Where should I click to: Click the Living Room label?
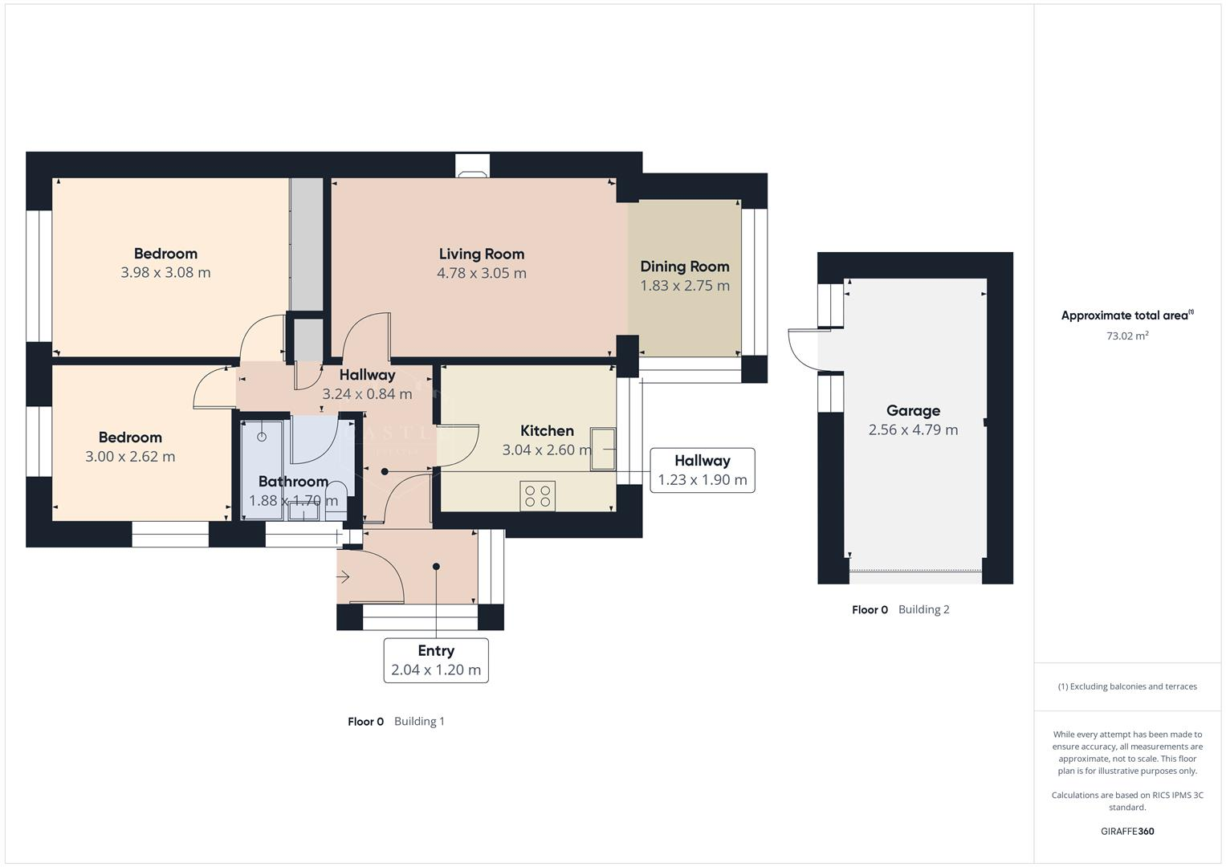(x=482, y=254)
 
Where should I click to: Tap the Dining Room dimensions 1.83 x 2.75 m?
(x=685, y=286)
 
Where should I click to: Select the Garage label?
(x=913, y=410)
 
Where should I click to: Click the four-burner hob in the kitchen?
(x=537, y=495)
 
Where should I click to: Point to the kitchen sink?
(x=603, y=449)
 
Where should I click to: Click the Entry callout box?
(x=436, y=660)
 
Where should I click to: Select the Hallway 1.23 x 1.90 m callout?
(x=703, y=470)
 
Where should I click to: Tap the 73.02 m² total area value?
(x=1127, y=336)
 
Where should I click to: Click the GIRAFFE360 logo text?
(x=1127, y=831)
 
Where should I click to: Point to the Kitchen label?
(x=547, y=431)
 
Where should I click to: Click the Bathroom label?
(x=293, y=482)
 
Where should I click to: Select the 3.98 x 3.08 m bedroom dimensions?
(x=165, y=273)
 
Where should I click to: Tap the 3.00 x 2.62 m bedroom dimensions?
(x=130, y=457)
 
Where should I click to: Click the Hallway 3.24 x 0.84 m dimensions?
(x=367, y=394)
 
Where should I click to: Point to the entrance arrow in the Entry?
(x=344, y=576)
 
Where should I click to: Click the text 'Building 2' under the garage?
(x=923, y=609)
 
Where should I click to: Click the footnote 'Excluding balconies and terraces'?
(x=1127, y=686)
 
